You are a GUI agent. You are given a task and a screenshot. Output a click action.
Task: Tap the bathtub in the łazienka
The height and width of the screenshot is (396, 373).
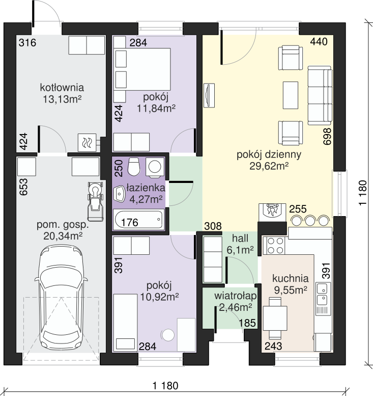click(138, 219)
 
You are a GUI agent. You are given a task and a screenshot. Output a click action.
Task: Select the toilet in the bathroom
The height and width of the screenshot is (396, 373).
click(134, 167)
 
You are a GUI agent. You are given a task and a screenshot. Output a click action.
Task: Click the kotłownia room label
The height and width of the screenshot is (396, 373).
click(62, 88)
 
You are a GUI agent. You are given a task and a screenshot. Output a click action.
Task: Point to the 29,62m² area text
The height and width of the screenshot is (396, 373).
click(269, 166)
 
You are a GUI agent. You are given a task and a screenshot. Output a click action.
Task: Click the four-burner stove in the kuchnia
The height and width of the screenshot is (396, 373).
click(274, 246)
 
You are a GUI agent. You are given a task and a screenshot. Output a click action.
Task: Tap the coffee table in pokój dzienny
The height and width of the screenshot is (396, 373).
click(291, 95)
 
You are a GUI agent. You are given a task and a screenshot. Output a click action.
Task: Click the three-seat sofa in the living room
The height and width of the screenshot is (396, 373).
click(320, 95)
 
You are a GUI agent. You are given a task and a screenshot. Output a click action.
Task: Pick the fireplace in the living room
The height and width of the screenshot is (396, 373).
click(272, 213)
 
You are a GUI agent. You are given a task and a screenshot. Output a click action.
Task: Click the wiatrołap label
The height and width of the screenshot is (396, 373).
click(236, 296)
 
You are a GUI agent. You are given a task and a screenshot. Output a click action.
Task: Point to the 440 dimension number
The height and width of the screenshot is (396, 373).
click(319, 42)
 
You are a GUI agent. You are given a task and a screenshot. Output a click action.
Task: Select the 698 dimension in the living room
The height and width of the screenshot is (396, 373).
click(327, 137)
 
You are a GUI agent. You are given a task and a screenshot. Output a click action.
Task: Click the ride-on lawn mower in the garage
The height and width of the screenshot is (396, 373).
click(95, 201)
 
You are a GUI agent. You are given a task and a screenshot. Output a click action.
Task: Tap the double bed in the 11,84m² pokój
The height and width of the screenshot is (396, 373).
click(142, 69)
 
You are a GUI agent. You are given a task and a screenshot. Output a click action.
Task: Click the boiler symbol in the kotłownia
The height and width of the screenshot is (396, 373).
click(87, 142)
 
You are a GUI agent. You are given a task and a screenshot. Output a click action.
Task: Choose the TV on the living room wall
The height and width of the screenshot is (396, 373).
click(209, 95)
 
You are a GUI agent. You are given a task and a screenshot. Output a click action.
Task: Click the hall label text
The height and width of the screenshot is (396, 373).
click(240, 238)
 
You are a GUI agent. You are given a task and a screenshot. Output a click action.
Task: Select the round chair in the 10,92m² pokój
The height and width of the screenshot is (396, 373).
click(168, 335)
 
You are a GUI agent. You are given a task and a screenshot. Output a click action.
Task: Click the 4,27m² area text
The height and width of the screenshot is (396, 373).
click(146, 199)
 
